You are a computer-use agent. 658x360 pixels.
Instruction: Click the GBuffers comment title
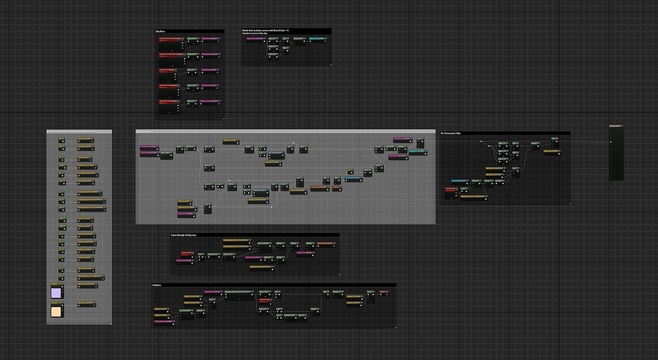coord(160,31)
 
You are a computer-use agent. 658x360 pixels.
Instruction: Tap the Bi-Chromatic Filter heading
coord(456,134)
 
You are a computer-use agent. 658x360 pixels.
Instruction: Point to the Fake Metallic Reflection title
coord(183,235)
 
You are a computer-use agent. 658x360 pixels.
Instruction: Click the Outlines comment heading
coord(157,285)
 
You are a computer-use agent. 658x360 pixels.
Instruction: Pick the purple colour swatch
coord(56,292)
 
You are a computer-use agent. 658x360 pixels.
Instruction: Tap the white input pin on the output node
coord(612,143)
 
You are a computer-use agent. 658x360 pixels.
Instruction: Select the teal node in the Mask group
coord(316,41)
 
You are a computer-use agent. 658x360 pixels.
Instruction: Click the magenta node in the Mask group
coord(254,39)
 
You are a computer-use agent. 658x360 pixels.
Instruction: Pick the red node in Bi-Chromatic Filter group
coord(451,190)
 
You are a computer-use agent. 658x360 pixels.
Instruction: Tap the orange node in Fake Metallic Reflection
coord(325,243)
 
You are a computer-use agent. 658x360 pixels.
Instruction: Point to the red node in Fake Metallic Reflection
coord(186,253)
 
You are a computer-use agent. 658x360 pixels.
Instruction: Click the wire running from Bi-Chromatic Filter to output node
coord(589,143)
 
